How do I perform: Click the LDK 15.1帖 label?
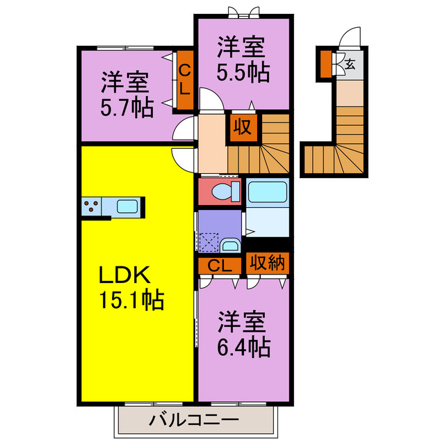coord(131,288)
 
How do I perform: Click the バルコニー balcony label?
coord(194,419)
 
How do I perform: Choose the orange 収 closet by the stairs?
coord(241,128)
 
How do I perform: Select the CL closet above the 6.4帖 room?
coord(220,266)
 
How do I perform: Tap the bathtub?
coord(267,191)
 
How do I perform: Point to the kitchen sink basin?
coord(127,206)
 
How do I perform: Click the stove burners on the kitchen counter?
coord(91,206)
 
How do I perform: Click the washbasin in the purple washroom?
coord(230,245)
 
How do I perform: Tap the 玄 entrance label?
coord(350,65)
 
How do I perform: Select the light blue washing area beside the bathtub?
coord(267,221)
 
